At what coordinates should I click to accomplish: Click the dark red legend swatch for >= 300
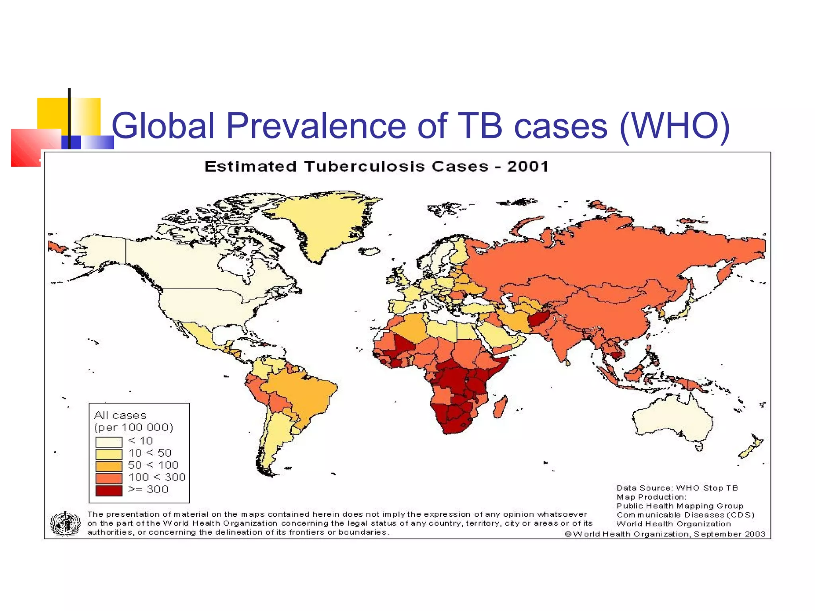[x=109, y=490]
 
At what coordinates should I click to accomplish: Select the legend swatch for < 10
[x=109, y=442]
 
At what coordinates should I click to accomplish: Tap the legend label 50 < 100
[x=153, y=465]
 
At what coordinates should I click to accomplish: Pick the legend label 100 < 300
[x=157, y=477]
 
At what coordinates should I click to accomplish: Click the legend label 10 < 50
[x=150, y=453]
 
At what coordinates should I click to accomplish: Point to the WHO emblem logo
[x=65, y=523]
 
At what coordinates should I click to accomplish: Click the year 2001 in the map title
[x=528, y=166]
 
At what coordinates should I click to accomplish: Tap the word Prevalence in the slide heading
[x=316, y=126]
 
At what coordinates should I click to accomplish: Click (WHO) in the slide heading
[x=675, y=126]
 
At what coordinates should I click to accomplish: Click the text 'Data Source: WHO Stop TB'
[x=677, y=488]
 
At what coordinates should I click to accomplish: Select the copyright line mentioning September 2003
[x=665, y=534]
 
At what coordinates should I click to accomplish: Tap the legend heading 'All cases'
[x=120, y=416]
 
